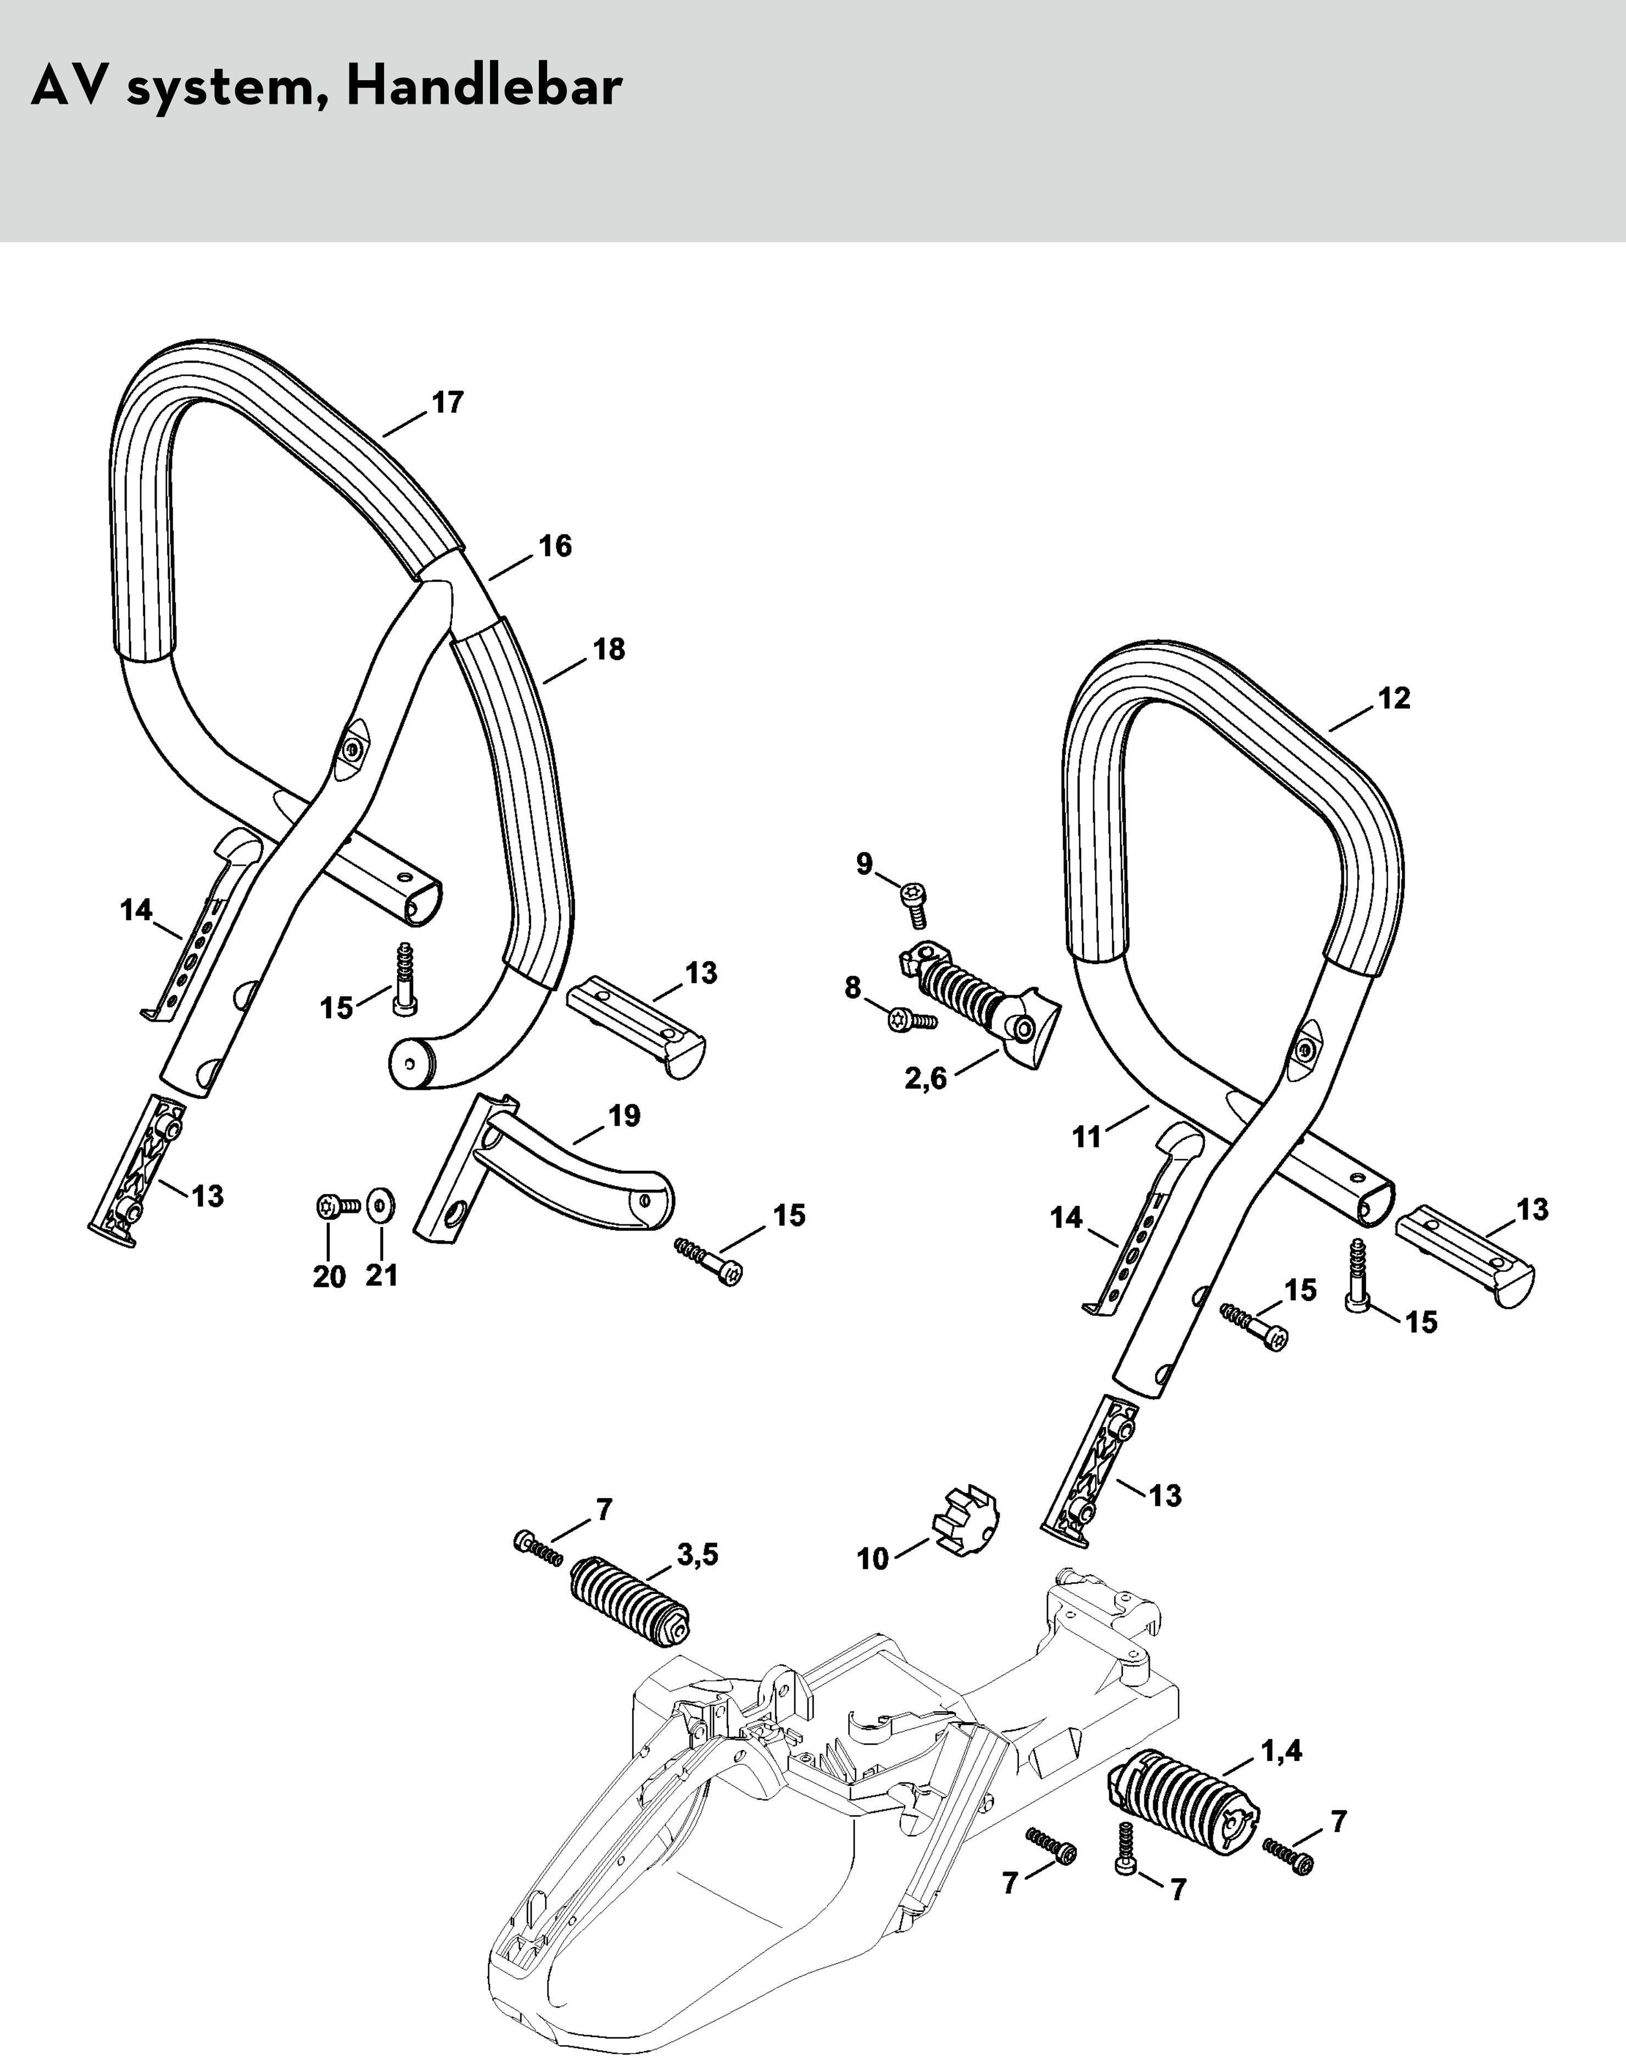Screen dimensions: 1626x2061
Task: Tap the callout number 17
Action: [448, 403]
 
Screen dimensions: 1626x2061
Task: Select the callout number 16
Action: [555, 547]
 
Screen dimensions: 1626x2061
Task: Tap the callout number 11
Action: [1086, 1137]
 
